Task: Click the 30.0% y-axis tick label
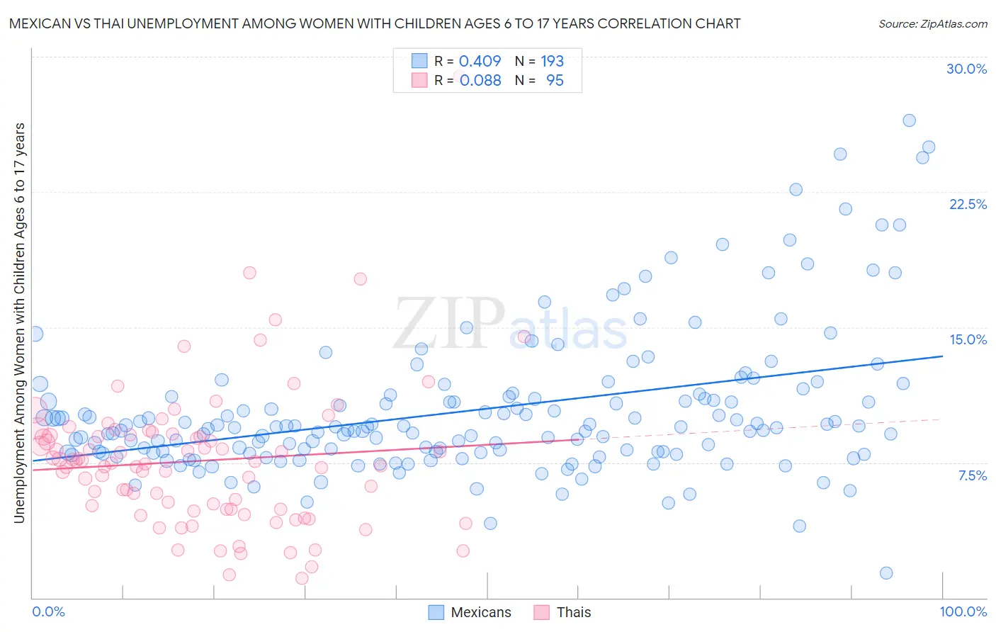pos(966,69)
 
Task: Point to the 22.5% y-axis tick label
pos(968,204)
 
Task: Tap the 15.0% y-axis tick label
pos(968,339)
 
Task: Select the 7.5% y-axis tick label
pos(972,475)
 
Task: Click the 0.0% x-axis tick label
pos(48,611)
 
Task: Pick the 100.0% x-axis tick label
pos(963,611)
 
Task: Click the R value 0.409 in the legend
pos(480,62)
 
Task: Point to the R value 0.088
pos(480,81)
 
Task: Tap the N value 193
pos(552,62)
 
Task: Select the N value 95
pos(555,81)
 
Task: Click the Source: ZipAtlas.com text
pos(932,23)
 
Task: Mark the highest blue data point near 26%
pos(909,120)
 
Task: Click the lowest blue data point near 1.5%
pos(885,573)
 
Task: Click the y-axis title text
pos(19,323)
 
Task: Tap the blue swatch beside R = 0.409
pos(419,61)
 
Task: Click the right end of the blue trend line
pos(942,356)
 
